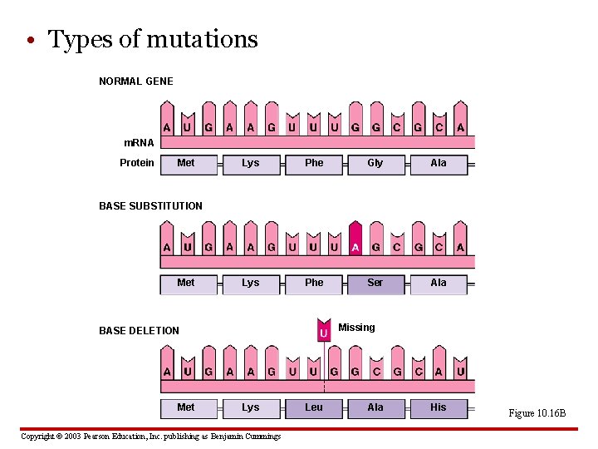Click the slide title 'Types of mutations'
(x=153, y=39)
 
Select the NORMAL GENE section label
(x=136, y=81)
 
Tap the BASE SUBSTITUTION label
(x=150, y=206)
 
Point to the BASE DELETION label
(x=139, y=331)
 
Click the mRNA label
(x=139, y=143)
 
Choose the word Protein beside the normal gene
(x=137, y=163)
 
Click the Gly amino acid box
(x=375, y=164)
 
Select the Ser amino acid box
(x=375, y=284)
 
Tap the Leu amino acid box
(x=314, y=407)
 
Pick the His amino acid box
(x=439, y=407)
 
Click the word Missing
(x=356, y=328)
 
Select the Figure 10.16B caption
(x=537, y=413)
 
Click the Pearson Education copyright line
(x=150, y=437)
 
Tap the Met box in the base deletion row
(x=186, y=407)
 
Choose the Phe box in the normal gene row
(x=314, y=164)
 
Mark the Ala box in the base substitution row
(x=439, y=284)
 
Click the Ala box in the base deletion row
(x=375, y=407)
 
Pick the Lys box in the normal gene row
(x=250, y=164)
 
